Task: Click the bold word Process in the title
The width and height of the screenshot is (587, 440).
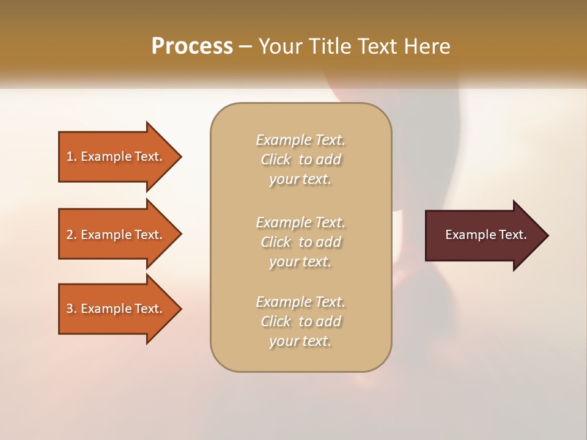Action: click(192, 46)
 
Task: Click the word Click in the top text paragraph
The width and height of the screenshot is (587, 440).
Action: click(276, 159)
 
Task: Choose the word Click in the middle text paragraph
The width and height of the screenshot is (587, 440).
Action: click(276, 242)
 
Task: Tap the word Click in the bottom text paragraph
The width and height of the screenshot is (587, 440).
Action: click(276, 321)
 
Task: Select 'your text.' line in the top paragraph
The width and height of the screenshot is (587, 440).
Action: click(300, 179)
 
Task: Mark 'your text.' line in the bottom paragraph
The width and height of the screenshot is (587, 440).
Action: click(300, 341)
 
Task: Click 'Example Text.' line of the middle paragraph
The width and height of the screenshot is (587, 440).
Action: click(300, 222)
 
